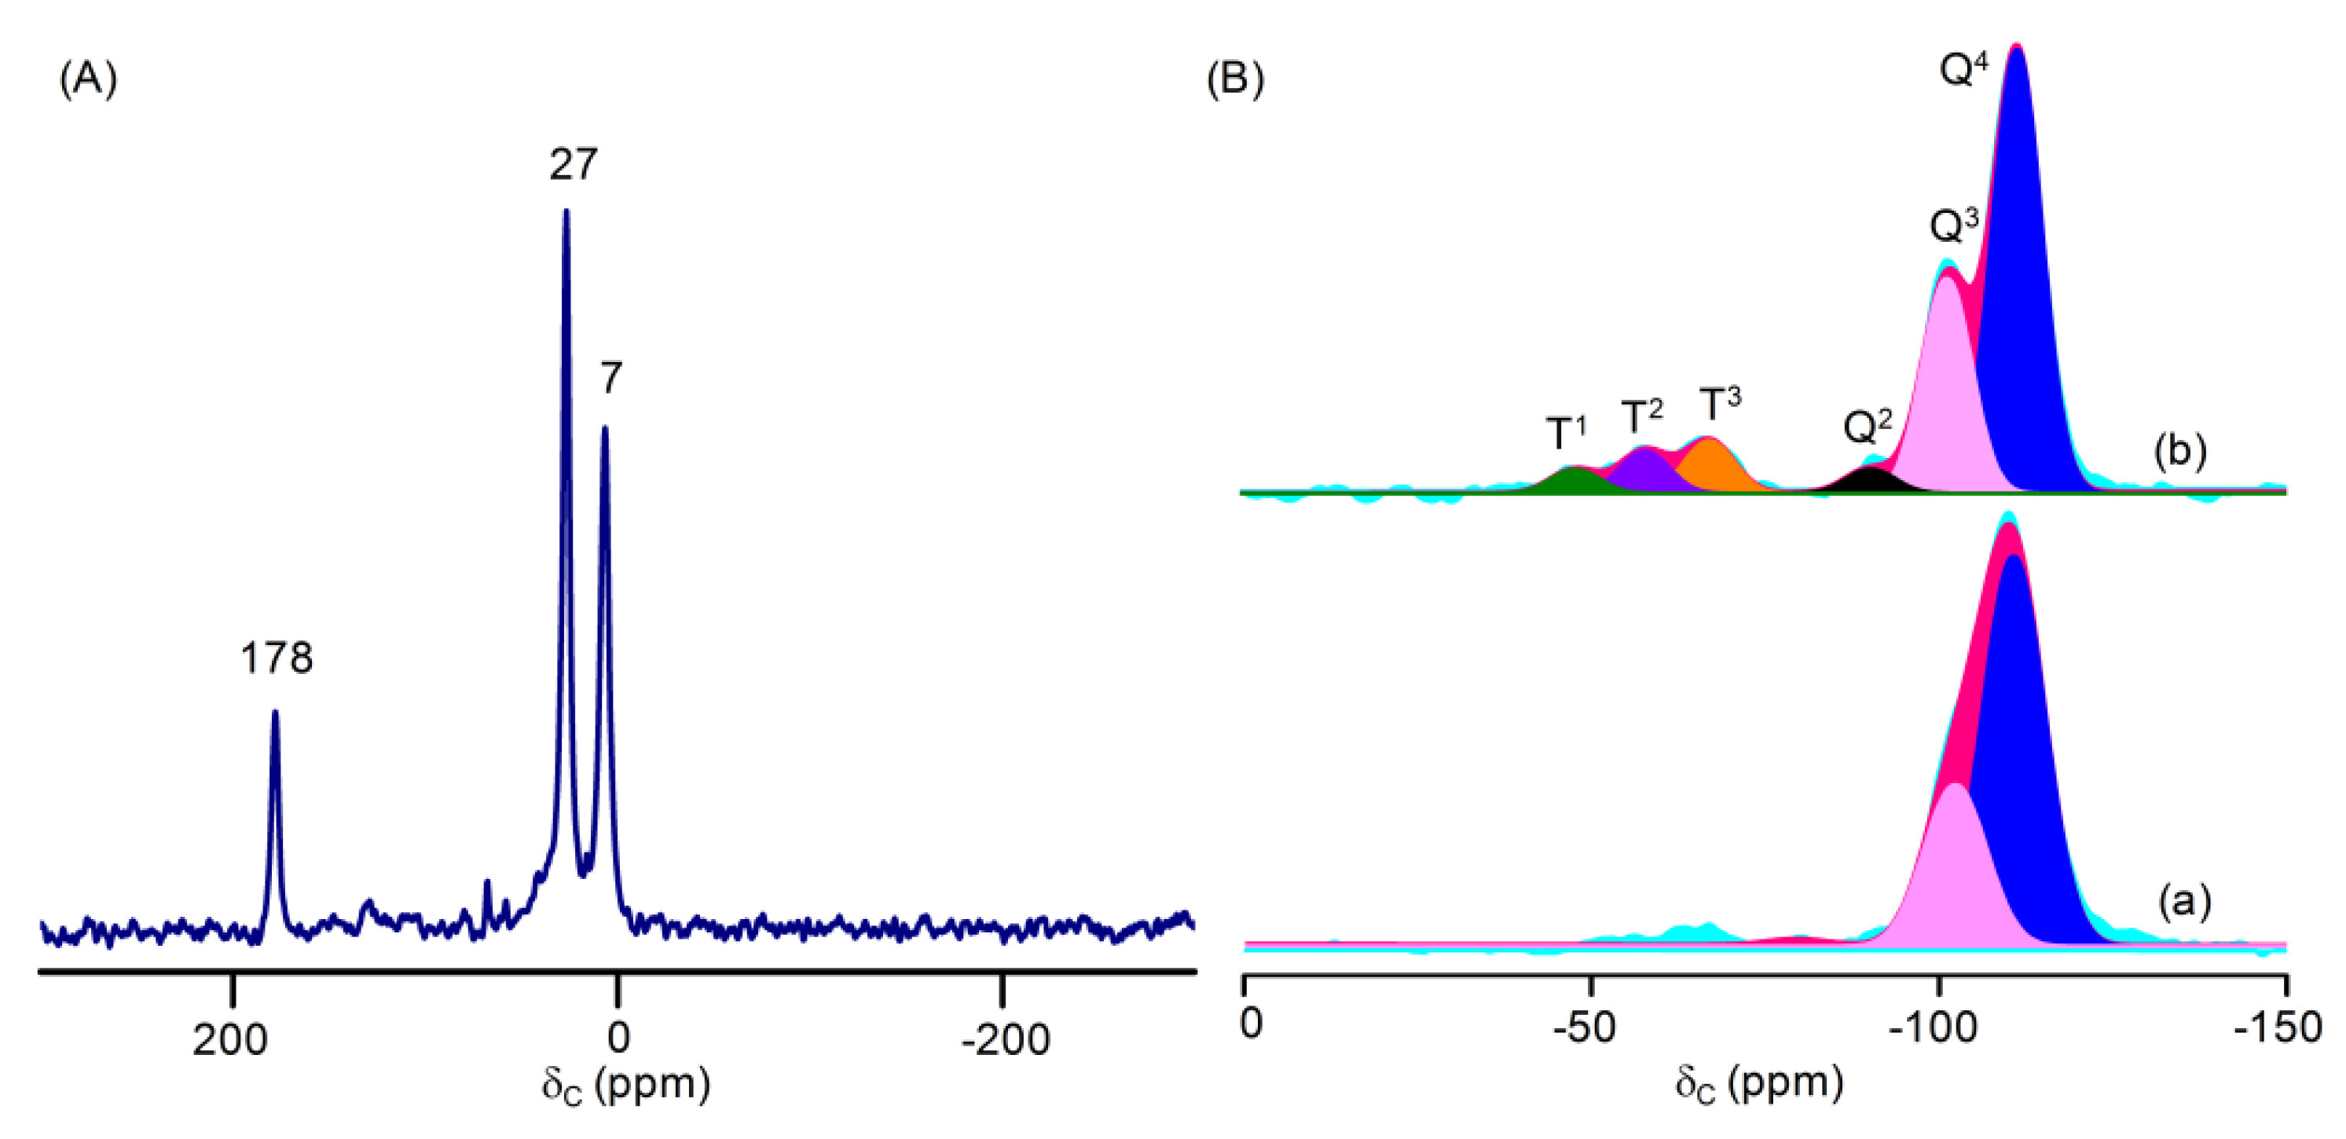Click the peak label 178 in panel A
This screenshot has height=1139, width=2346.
pyautogui.click(x=276, y=657)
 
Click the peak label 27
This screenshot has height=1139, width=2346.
pyautogui.click(x=573, y=165)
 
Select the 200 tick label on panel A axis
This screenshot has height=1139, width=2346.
pyautogui.click(x=229, y=1040)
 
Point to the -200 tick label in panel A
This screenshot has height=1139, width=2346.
pyautogui.click(x=1006, y=1040)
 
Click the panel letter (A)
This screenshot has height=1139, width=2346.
pyautogui.click(x=88, y=80)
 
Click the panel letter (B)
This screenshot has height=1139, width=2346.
pyautogui.click(x=1235, y=80)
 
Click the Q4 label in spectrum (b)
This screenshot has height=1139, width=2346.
pyautogui.click(x=1963, y=68)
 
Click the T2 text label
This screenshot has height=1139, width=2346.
pyautogui.click(x=1641, y=416)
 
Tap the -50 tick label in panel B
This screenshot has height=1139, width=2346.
pyautogui.click(x=1585, y=1027)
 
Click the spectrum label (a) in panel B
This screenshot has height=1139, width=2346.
pyautogui.click(x=2184, y=901)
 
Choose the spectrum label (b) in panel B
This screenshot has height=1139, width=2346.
pyautogui.click(x=2179, y=452)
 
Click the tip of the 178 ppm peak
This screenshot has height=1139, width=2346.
pyautogui.click(x=275, y=713)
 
